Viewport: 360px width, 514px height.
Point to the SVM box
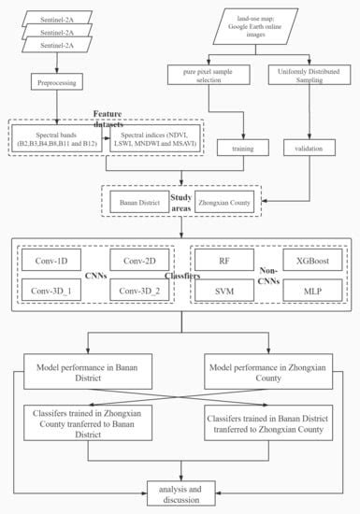(x=224, y=292)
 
